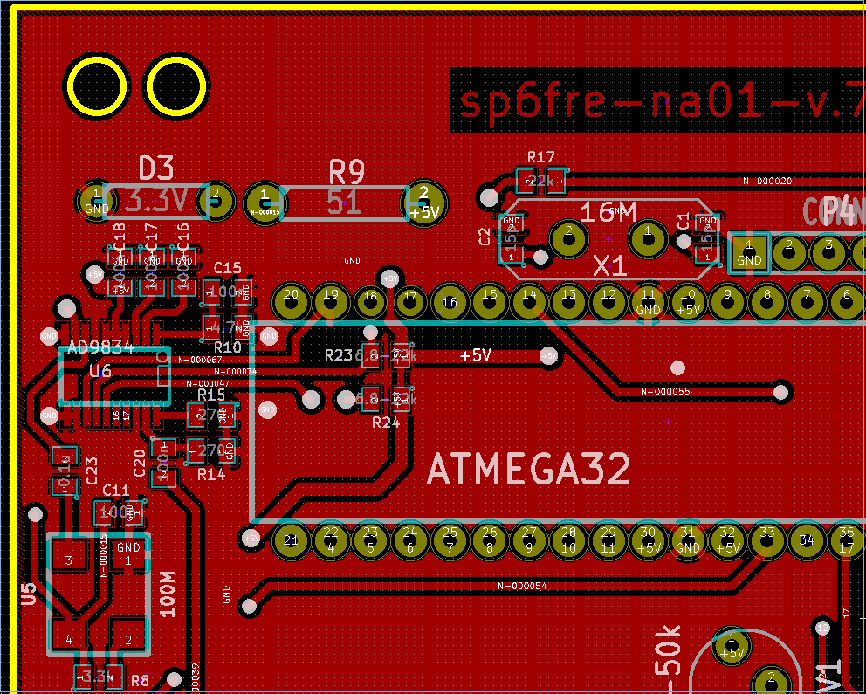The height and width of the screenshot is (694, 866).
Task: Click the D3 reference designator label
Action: pyautogui.click(x=157, y=167)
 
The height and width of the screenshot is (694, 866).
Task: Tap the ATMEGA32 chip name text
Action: pyautogui.click(x=528, y=471)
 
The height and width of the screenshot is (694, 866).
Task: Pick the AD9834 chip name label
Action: pyautogui.click(x=100, y=347)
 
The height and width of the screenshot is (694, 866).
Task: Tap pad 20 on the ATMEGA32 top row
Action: pyautogui.click(x=291, y=300)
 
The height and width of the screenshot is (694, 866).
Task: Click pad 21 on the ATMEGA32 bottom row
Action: pyautogui.click(x=291, y=541)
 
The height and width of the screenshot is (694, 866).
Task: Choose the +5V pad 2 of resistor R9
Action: pyautogui.click(x=423, y=203)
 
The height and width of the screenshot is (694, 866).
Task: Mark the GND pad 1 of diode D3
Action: pyautogui.click(x=96, y=203)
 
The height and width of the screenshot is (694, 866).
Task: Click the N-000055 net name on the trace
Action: pyautogui.click(x=665, y=391)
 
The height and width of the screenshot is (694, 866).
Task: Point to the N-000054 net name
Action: pyautogui.click(x=522, y=586)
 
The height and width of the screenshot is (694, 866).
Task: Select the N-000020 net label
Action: pyautogui.click(x=767, y=181)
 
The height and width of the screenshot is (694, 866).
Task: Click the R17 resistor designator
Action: pyautogui.click(x=541, y=157)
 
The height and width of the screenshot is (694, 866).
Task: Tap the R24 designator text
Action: pyautogui.click(x=386, y=423)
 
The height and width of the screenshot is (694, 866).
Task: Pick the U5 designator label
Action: pyautogui.click(x=29, y=594)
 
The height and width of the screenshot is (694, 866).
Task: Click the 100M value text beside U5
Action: pyautogui.click(x=167, y=594)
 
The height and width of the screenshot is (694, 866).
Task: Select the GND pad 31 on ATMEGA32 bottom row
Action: pyautogui.click(x=688, y=540)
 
